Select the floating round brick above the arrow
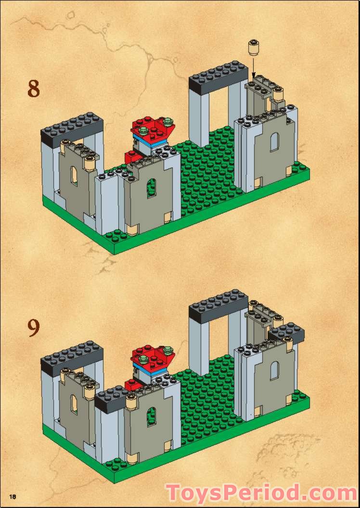tap(252, 47)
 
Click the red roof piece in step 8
tap(153, 128)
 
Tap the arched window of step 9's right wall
tap(274, 371)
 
